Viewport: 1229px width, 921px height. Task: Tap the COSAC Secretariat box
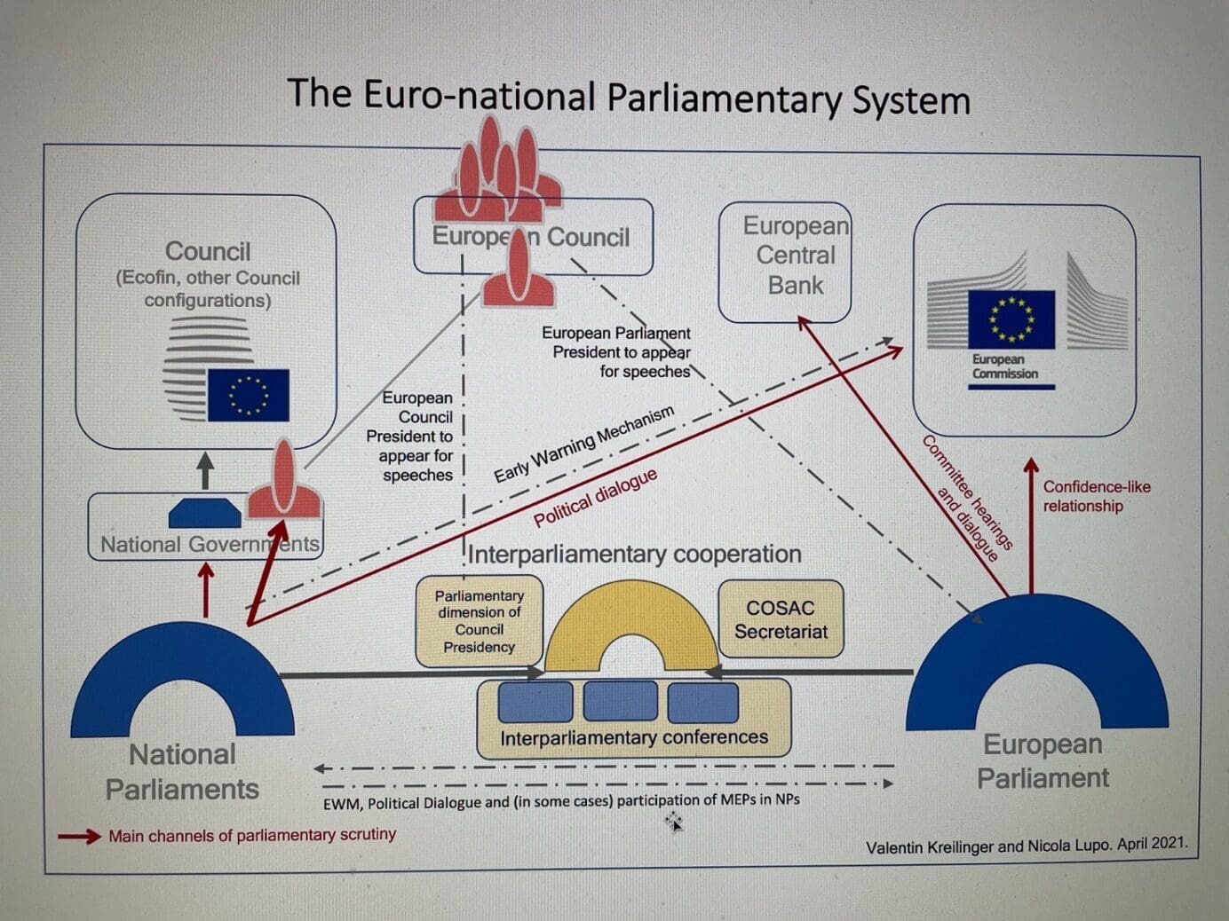781,619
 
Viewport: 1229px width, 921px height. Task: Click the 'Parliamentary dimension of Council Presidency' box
479,621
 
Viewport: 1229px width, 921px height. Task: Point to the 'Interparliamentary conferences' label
633,738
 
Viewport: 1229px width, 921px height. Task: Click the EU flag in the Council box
248,395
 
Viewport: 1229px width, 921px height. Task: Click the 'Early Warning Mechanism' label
583,443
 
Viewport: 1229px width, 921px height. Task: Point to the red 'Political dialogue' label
595,498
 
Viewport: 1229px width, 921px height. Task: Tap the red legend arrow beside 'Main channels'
79,836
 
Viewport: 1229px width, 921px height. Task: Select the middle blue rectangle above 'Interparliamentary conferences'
620,701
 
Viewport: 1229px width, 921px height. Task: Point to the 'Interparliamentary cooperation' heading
634,555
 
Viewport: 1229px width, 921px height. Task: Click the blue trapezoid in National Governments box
205,513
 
